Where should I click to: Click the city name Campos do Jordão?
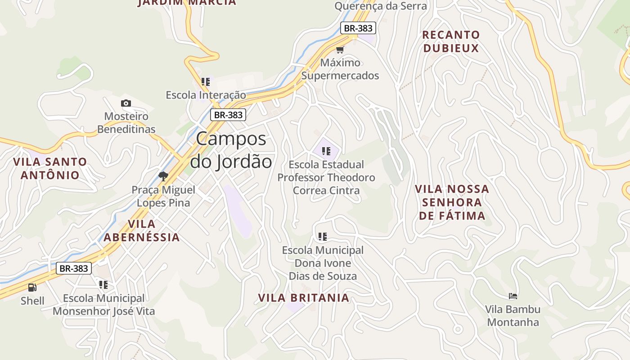[x=231, y=150]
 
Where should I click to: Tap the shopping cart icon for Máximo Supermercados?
[x=340, y=49]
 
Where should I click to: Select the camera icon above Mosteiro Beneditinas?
[x=126, y=103]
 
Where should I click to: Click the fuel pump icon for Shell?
[x=32, y=287]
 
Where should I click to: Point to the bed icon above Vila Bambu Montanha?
[x=513, y=296]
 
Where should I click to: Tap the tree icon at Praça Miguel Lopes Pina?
[x=163, y=176]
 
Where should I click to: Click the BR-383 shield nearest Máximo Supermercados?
[x=358, y=28]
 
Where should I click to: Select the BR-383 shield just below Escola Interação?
[x=228, y=115]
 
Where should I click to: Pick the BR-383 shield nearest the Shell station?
[x=74, y=269]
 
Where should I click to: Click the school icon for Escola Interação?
[x=206, y=82]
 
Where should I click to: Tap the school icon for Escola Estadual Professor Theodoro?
[x=326, y=151]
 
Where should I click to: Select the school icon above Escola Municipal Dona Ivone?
[x=322, y=236]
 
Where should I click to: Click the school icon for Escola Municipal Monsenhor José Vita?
[x=103, y=285]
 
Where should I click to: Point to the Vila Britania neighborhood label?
[x=303, y=298]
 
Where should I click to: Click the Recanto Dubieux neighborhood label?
[x=451, y=41]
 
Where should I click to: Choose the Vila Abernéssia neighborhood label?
[x=142, y=230]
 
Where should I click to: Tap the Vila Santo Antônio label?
[x=50, y=168]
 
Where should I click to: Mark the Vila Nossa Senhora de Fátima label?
[x=452, y=202]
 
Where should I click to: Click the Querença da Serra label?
[x=380, y=6]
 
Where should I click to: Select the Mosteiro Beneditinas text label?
[x=126, y=123]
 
